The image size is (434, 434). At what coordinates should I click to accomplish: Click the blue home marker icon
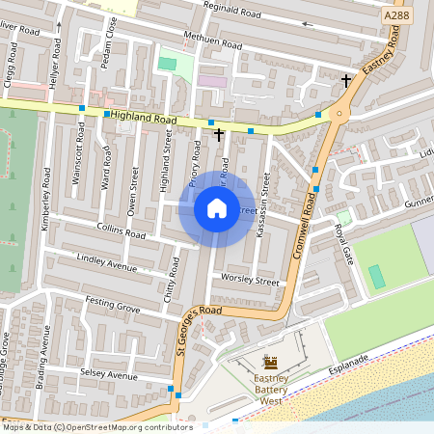tap(217, 208)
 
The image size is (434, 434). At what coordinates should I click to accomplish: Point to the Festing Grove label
tap(112, 309)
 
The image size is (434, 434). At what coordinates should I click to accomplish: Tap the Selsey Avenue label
tap(109, 373)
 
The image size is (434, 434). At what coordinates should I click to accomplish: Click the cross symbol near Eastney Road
tap(346, 81)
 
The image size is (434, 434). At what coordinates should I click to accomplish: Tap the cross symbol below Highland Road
tap(219, 135)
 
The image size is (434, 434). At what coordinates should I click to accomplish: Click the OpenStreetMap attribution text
tap(96, 427)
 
